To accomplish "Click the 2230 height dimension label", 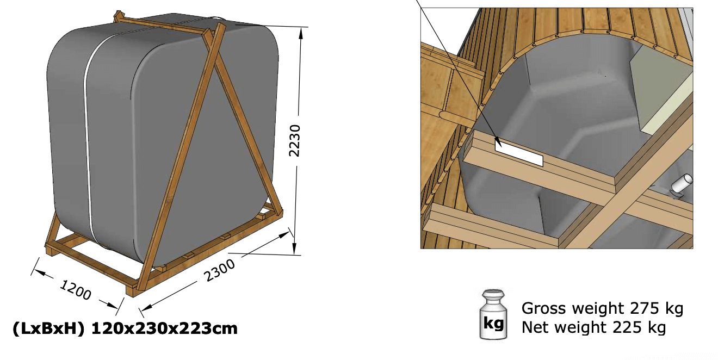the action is pos(294,140).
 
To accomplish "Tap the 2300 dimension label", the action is pos(219,270).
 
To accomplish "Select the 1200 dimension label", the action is pos(76,290).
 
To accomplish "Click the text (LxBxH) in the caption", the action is pos(48,328).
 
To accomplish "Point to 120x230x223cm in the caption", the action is pos(164,328).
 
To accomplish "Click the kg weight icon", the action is pos(494,314).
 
